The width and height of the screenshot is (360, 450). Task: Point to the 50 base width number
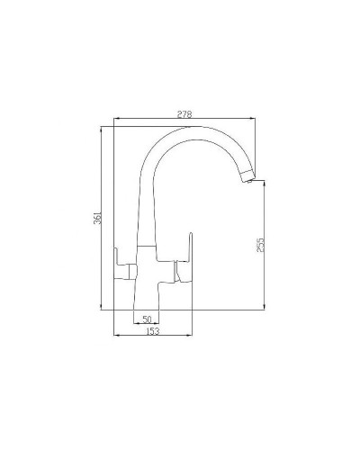pos(146,319)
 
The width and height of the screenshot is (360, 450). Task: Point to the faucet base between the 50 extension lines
pos(147,310)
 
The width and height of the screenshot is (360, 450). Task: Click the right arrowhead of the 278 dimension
pos(255,120)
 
